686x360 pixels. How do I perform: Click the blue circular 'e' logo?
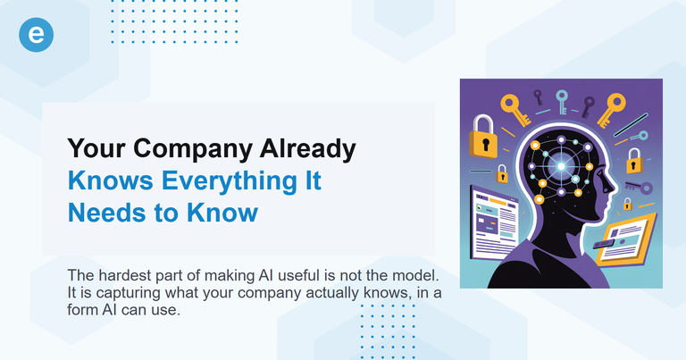tap(37, 36)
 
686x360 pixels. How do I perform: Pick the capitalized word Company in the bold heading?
tap(196, 150)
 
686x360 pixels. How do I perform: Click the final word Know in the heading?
tap(224, 213)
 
